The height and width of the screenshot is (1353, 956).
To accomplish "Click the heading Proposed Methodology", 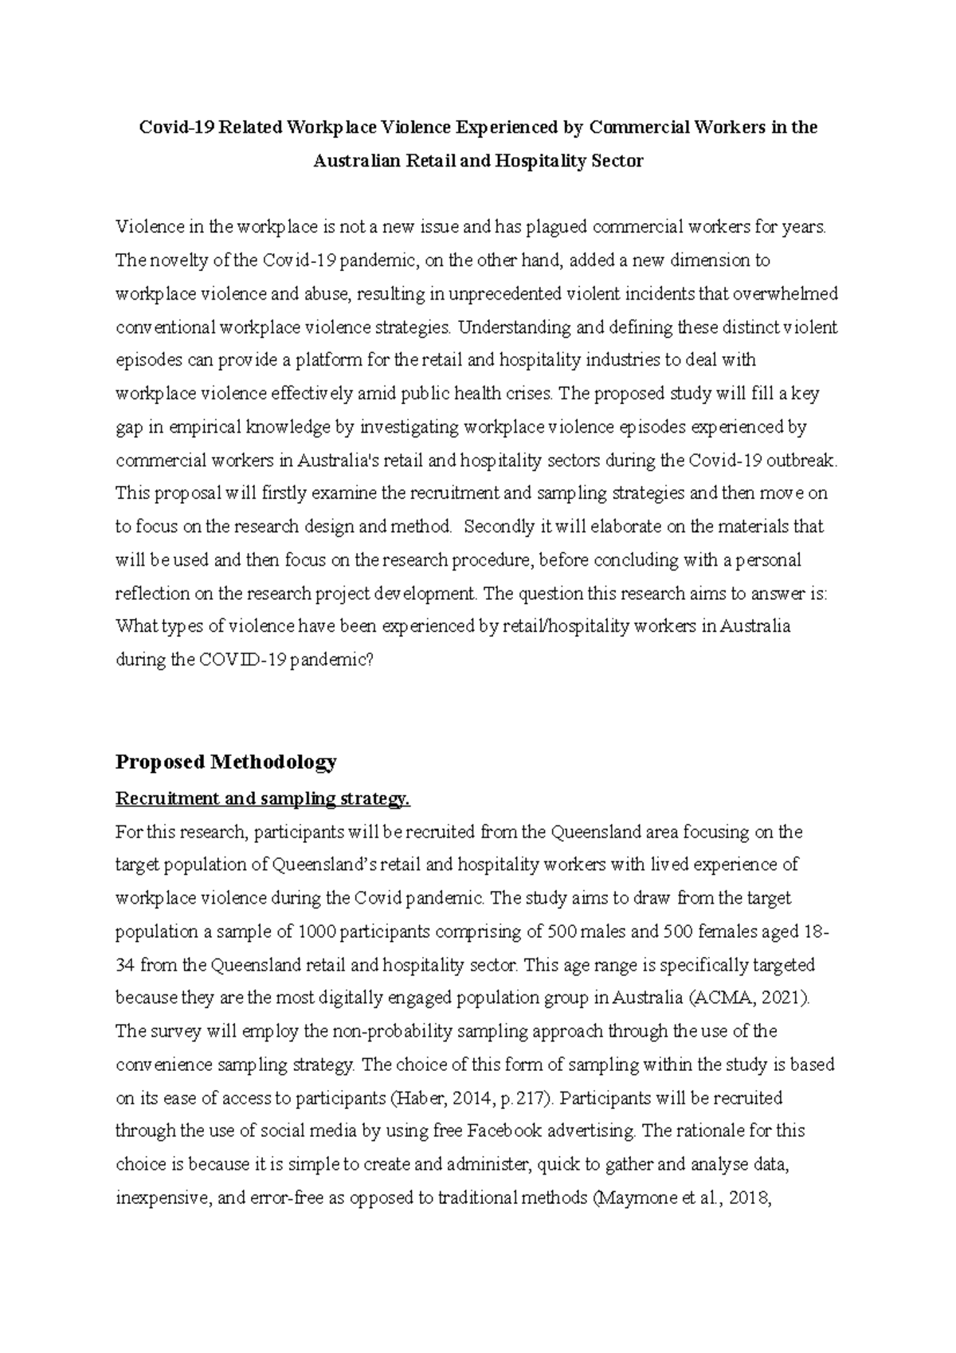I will pos(226,762).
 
